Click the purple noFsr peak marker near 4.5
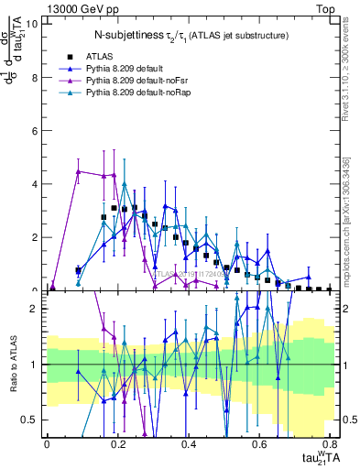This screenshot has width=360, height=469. (79, 171)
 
